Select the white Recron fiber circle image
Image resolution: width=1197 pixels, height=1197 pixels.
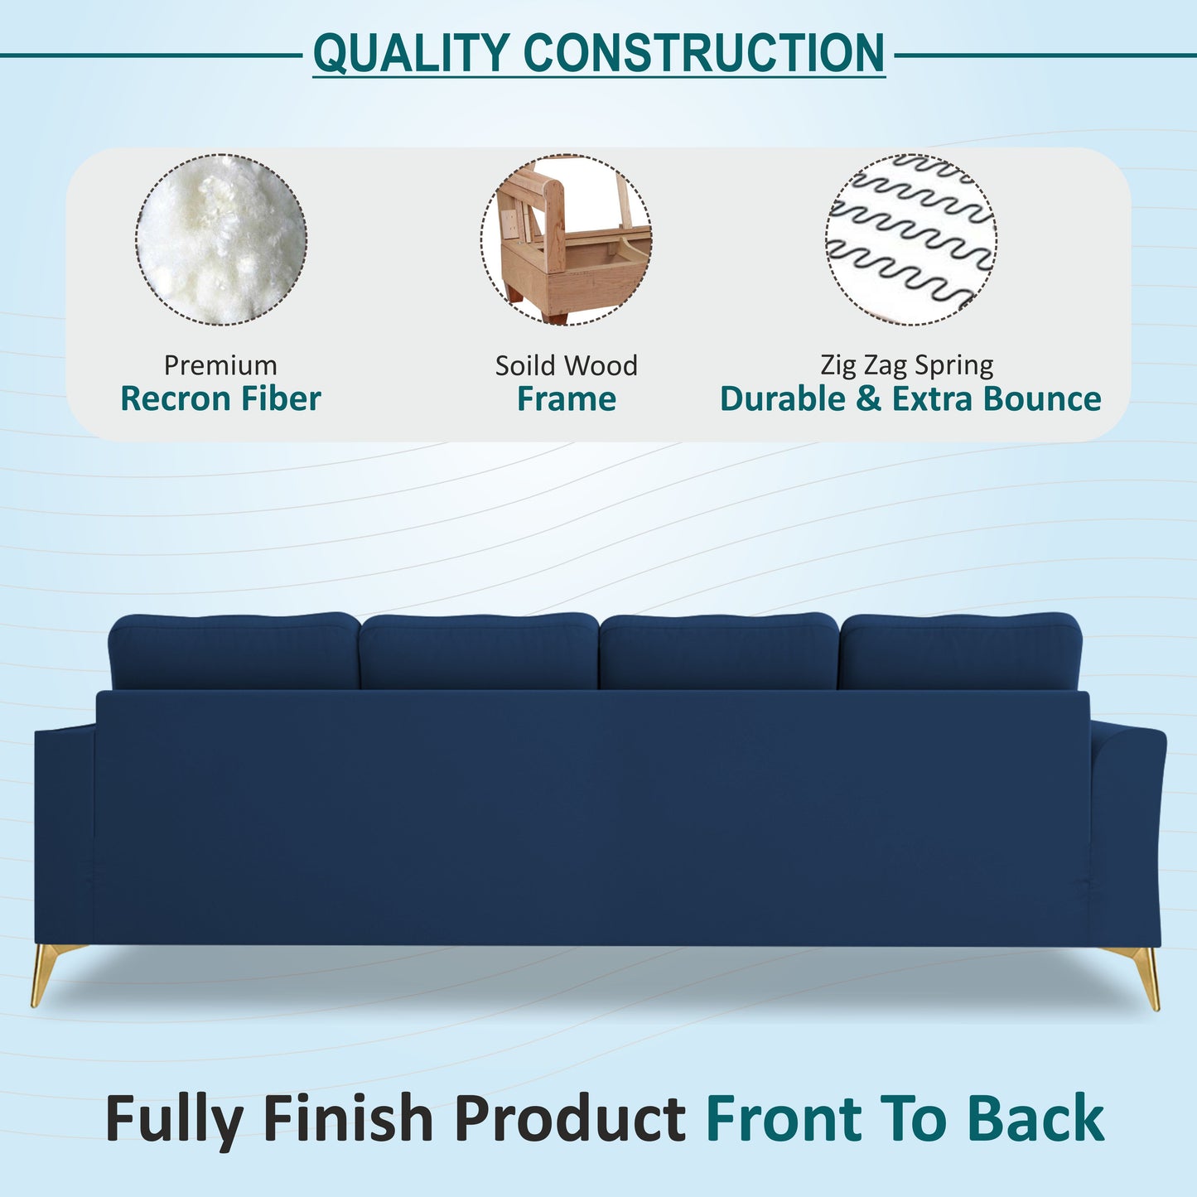pos(221,239)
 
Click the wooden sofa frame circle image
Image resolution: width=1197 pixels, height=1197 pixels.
pos(567,239)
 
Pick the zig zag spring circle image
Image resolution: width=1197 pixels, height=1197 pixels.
pos(910,239)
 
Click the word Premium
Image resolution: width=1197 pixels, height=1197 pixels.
pos(220,365)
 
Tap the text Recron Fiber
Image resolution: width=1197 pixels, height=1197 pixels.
pos(220,399)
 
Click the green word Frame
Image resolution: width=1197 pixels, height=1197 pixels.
pos(567,399)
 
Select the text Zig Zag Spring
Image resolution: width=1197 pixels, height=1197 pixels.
pos(906,365)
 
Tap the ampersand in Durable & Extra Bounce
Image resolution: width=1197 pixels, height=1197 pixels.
pos(869,399)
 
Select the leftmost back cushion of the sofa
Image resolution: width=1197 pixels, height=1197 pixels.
pos(234,652)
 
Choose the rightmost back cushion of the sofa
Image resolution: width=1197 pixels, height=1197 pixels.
pos(960,652)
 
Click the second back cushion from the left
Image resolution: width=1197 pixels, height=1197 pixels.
pos(479,652)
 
